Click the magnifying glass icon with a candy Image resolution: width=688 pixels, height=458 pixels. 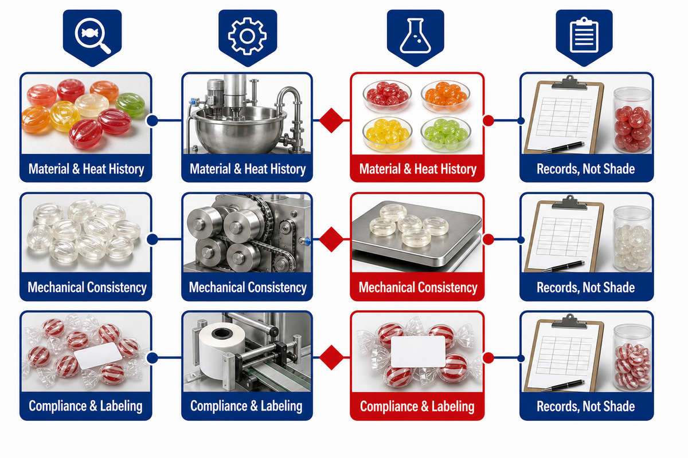click(x=92, y=35)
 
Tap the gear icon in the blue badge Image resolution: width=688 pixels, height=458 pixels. click(x=247, y=36)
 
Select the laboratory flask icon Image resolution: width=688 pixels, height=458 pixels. click(x=415, y=35)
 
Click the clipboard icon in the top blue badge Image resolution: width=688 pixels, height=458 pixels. click(x=584, y=35)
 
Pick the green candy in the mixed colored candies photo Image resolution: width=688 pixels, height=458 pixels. click(x=130, y=104)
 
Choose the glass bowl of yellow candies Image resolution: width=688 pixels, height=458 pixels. click(x=387, y=134)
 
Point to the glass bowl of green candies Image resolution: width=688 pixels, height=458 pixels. click(x=445, y=134)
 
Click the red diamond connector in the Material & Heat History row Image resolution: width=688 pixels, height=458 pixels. click(x=331, y=120)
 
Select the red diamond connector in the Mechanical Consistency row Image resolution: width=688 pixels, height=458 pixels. click(x=331, y=239)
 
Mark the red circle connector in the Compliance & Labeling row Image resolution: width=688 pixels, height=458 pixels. click(x=488, y=358)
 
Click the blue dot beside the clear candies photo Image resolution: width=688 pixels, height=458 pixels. click(x=153, y=239)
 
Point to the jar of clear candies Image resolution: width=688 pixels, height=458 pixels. click(x=632, y=239)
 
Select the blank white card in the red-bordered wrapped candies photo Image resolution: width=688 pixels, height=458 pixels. click(x=418, y=352)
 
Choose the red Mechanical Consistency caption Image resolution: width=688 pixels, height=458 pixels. click(x=418, y=287)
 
